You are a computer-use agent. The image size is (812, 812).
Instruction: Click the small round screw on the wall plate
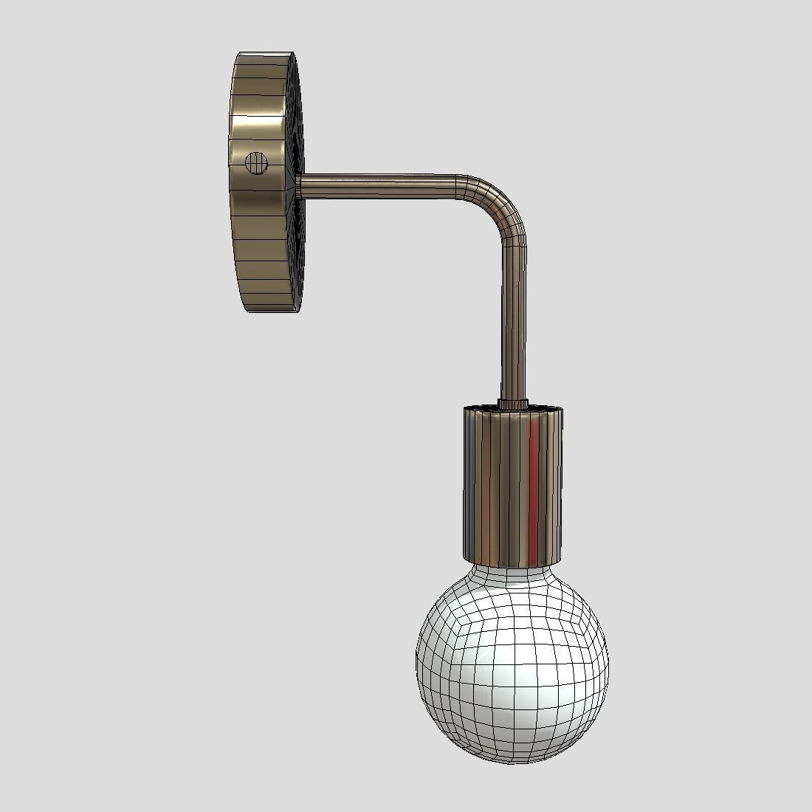tap(256, 162)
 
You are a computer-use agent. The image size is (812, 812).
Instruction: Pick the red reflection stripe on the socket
tap(534, 480)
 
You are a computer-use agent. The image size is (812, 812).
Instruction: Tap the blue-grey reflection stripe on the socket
tap(470, 480)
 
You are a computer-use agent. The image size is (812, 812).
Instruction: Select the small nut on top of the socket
tap(512, 403)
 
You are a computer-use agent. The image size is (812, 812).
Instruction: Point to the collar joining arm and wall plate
tap(297, 185)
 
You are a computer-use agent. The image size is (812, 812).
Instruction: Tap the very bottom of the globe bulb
tap(512, 760)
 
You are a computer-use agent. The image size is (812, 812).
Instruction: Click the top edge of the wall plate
tap(266, 55)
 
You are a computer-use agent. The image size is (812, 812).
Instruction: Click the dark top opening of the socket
tap(487, 407)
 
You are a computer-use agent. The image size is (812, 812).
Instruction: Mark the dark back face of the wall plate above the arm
tap(297, 118)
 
